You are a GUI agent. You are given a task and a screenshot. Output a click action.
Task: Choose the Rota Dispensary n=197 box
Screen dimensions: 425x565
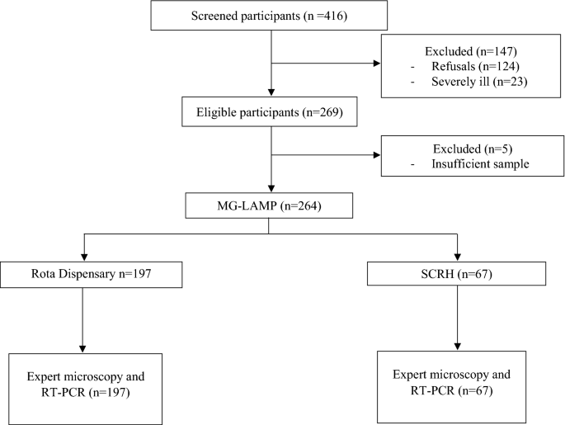(83, 272)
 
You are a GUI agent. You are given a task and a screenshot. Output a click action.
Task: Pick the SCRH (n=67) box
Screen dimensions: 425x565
(458, 273)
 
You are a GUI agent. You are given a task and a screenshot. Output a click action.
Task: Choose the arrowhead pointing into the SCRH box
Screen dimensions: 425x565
(458, 255)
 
